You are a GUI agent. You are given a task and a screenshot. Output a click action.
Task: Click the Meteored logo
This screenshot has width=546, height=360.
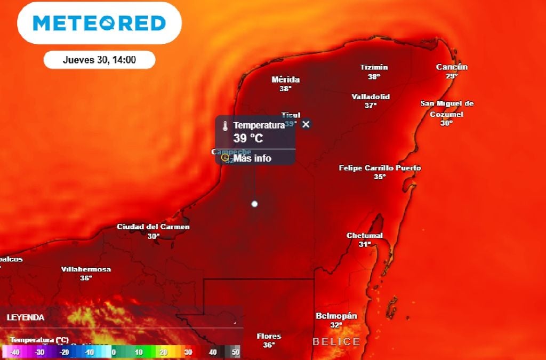coord(99,23)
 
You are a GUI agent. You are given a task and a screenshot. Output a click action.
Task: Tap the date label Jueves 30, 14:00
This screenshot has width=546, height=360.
coord(99,60)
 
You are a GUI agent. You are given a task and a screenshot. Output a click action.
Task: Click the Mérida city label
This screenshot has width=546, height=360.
coord(285,80)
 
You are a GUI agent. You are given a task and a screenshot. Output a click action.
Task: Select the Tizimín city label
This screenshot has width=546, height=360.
coord(374,68)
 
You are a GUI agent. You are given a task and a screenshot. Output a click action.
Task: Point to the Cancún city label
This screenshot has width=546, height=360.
coord(452,67)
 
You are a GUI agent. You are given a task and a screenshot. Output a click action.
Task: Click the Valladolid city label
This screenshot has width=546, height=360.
coord(371,97)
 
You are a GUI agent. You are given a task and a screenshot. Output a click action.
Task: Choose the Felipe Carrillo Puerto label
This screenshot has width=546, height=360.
coord(380,169)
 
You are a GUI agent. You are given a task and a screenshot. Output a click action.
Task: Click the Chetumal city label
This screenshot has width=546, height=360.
coord(365,236)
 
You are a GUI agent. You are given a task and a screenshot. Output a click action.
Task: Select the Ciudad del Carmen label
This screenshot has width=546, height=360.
coord(153,227)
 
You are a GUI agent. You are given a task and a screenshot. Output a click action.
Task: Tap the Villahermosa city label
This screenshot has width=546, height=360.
coord(86,269)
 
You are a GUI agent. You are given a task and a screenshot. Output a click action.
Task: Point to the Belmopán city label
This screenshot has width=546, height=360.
coord(336,316)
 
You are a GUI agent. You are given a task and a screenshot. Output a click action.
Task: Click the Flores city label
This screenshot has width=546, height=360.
coord(269,337)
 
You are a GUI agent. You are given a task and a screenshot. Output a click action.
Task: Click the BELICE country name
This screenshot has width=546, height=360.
coord(336,341)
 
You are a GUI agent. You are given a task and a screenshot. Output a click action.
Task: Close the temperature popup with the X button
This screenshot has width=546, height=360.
coord(306,124)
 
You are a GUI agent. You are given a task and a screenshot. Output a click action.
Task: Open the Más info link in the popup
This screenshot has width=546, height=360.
coord(252,158)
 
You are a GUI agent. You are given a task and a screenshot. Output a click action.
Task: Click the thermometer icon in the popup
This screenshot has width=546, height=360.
coord(226,126)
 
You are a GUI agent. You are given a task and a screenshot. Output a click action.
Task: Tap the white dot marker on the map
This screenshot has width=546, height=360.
coord(255,204)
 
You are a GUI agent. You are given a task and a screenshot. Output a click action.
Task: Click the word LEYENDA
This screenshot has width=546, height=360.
coord(26,317)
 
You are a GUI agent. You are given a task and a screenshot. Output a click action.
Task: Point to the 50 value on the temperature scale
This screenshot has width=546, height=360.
coord(236,352)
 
